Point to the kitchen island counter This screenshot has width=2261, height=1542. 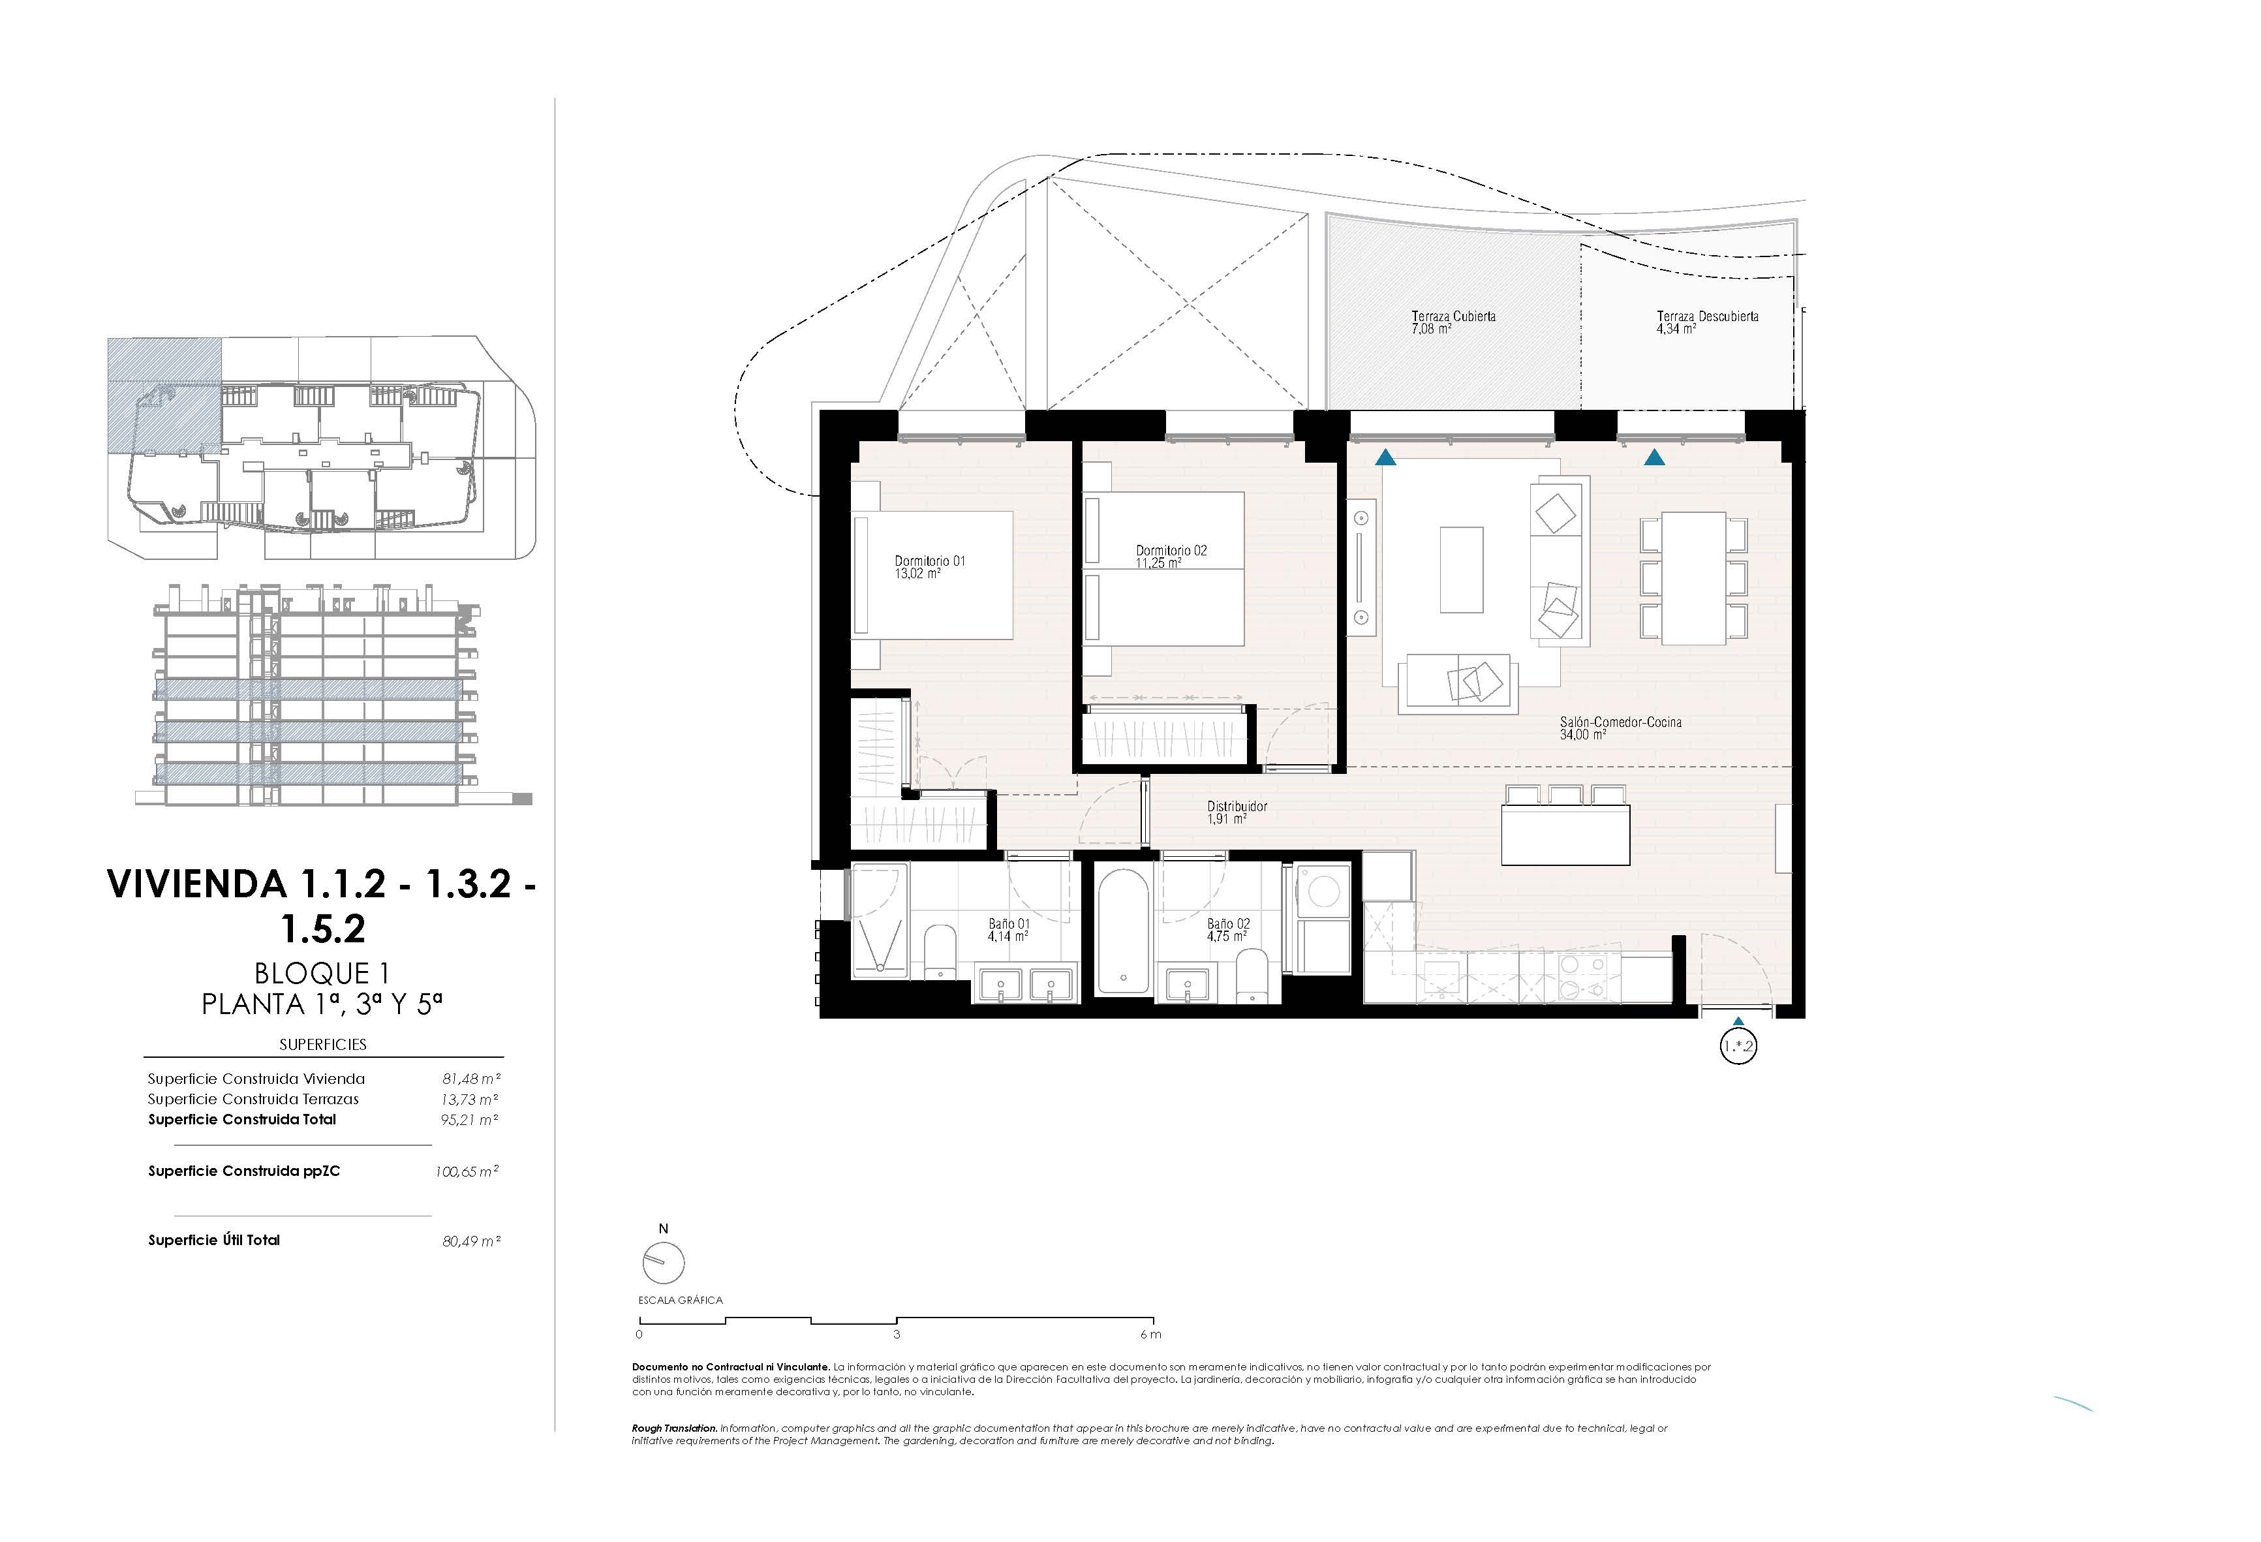pyautogui.click(x=1565, y=835)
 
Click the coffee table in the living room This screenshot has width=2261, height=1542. pyautogui.click(x=1461, y=570)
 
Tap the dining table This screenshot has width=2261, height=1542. pyautogui.click(x=1694, y=579)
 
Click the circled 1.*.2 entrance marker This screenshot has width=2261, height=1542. pyautogui.click(x=1738, y=1048)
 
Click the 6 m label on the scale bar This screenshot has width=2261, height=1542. pyautogui.click(x=1151, y=1334)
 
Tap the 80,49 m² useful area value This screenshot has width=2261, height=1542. pyautogui.click(x=471, y=1241)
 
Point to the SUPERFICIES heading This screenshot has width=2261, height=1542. pyautogui.click(x=323, y=1045)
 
